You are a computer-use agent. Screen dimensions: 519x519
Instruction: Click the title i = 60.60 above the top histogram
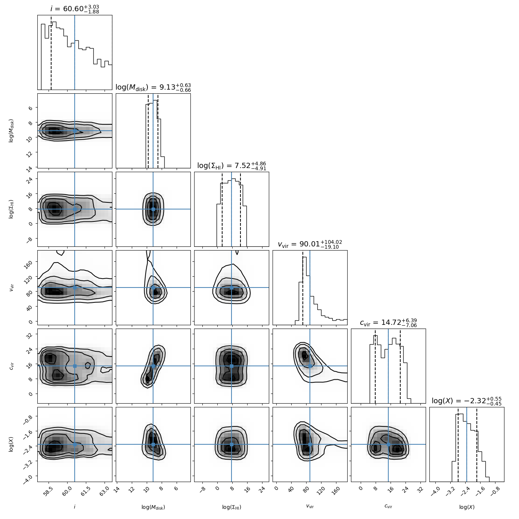coord(75,9)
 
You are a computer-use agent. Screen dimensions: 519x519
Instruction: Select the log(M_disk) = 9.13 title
coord(153,87)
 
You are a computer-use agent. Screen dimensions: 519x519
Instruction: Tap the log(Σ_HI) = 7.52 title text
coord(231,166)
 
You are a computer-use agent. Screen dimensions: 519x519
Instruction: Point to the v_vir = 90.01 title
coord(310,244)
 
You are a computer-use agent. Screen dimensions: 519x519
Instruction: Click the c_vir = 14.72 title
coord(388,323)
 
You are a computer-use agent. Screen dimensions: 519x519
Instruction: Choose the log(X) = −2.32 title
coord(467,401)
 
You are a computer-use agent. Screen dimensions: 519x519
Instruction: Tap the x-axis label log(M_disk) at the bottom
coord(153,507)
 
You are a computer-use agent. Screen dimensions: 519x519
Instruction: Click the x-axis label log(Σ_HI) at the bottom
coord(231,507)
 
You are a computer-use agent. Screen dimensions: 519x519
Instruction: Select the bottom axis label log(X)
coord(467,507)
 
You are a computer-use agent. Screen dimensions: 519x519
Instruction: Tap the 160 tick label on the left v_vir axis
coord(29,262)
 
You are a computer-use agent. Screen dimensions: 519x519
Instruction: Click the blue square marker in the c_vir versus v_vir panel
coord(310,366)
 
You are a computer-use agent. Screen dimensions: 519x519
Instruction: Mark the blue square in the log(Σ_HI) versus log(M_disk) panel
coord(153,209)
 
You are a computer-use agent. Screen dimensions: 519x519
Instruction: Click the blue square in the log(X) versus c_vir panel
coord(388,444)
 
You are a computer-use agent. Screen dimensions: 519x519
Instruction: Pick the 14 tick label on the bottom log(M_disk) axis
coord(117,490)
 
